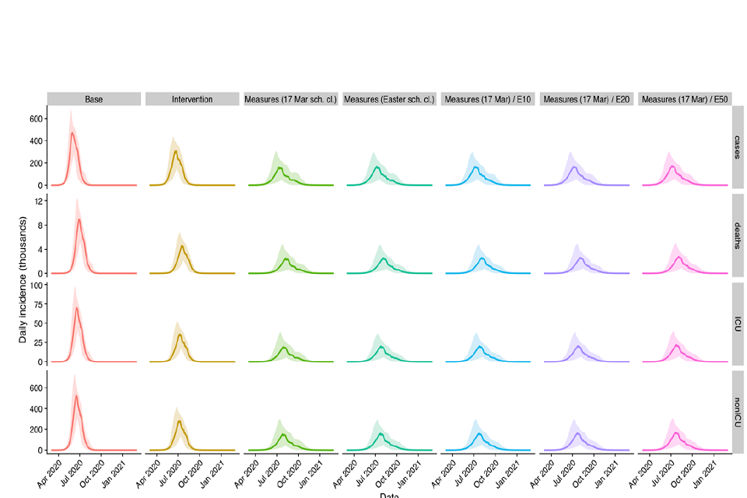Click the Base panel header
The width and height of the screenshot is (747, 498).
[93, 100]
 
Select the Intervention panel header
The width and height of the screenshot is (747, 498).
[192, 100]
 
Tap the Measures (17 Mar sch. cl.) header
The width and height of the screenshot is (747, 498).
[290, 100]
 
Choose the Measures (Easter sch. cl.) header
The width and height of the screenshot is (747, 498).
[389, 100]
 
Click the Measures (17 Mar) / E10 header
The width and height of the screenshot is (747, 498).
[488, 100]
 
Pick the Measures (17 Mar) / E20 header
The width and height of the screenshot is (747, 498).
[587, 100]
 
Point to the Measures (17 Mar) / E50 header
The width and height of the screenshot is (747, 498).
[685, 100]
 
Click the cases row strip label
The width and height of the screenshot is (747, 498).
[738, 148]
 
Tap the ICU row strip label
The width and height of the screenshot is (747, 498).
[738, 324]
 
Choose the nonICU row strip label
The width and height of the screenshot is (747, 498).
[738, 412]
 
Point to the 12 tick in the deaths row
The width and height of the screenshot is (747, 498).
[37, 201]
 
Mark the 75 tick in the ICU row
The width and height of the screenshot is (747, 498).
[37, 304]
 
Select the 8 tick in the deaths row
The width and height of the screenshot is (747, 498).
[39, 225]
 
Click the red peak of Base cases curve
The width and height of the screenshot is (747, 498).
[72, 133]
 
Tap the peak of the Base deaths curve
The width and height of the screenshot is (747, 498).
[79, 219]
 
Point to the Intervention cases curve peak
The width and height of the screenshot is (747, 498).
[175, 151]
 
